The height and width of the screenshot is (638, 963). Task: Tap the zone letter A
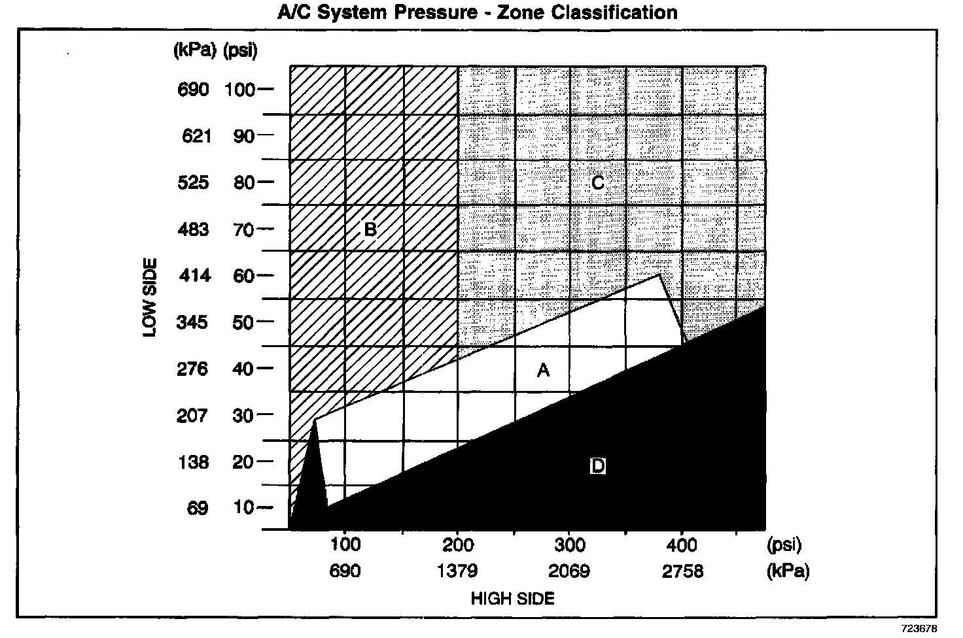pyautogui.click(x=543, y=371)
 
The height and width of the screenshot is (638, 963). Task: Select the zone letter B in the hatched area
pyautogui.click(x=370, y=229)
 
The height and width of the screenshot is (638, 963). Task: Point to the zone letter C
pyautogui.click(x=597, y=183)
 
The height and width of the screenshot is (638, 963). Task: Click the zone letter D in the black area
pyautogui.click(x=597, y=467)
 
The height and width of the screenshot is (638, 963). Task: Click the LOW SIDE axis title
pyautogui.click(x=150, y=297)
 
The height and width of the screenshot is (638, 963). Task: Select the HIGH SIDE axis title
pyautogui.click(x=512, y=598)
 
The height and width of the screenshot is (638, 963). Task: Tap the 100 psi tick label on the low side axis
pyautogui.click(x=239, y=90)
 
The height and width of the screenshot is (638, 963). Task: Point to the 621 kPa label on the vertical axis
pyautogui.click(x=197, y=136)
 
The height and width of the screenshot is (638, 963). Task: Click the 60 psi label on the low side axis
pyautogui.click(x=243, y=276)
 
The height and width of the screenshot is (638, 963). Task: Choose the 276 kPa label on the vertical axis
pyautogui.click(x=194, y=369)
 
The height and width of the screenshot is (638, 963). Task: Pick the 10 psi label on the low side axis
pyautogui.click(x=243, y=508)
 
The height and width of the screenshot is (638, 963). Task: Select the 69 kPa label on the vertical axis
pyautogui.click(x=198, y=508)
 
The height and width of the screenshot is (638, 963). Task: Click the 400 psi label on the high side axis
pyautogui.click(x=682, y=545)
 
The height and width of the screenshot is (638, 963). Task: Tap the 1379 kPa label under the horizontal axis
pyautogui.click(x=457, y=571)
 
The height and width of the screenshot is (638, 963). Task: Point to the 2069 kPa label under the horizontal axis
pyautogui.click(x=569, y=571)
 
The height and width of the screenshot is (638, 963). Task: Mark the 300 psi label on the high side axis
pyautogui.click(x=569, y=545)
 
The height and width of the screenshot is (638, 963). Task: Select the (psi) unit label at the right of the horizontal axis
pyautogui.click(x=783, y=545)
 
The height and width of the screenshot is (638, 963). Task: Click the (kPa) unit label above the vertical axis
pyautogui.click(x=194, y=51)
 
